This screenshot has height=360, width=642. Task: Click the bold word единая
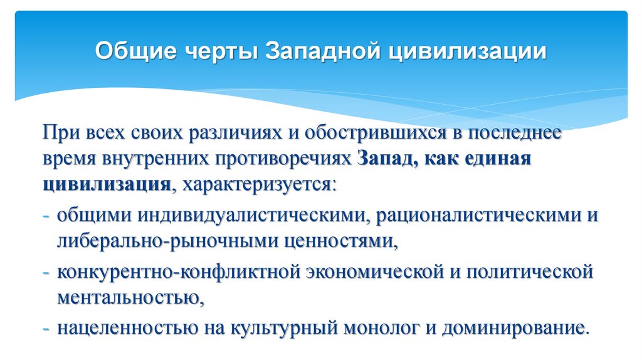click(x=498, y=159)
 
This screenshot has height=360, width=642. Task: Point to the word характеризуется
click(x=257, y=186)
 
